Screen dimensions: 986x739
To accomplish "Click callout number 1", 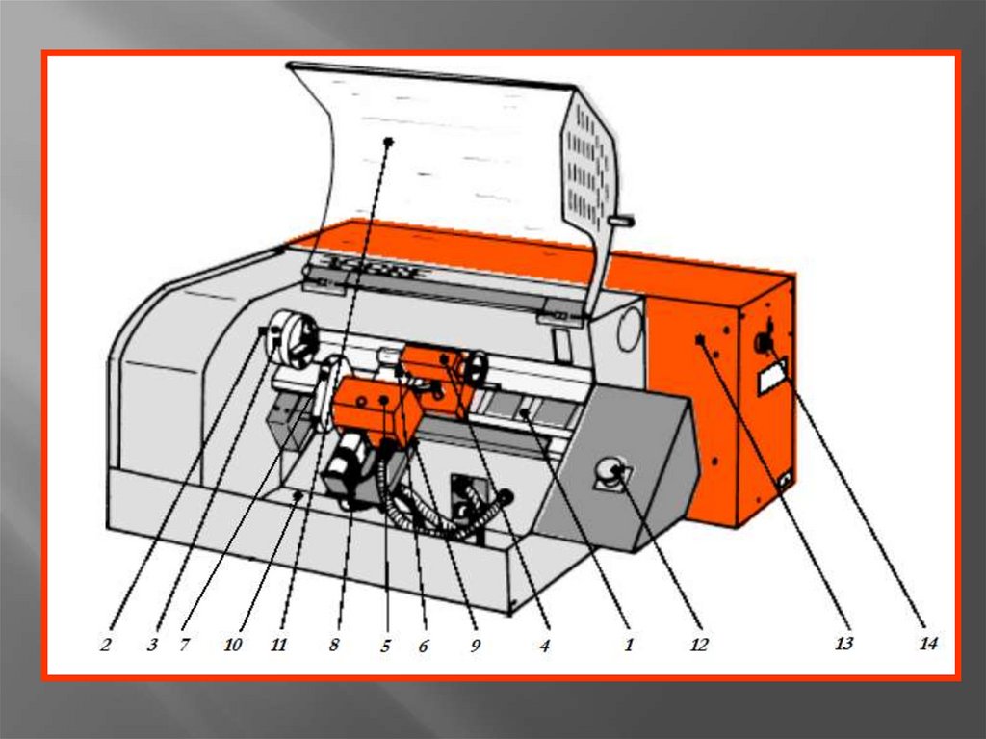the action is tap(628, 645).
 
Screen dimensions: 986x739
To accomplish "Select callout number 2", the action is tap(105, 645).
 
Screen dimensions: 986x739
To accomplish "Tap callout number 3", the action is tap(152, 645).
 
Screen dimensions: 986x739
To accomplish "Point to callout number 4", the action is tap(545, 645).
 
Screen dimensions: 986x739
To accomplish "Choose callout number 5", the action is tap(385, 645).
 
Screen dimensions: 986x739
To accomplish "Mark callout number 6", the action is tap(424, 645).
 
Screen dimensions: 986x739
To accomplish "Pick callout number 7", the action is tap(184, 645).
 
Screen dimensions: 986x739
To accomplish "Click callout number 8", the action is tap(334, 645).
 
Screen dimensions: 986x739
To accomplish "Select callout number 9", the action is tap(476, 645).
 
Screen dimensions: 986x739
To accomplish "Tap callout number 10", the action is tap(233, 645).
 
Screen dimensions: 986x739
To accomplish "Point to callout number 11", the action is tap(278, 645).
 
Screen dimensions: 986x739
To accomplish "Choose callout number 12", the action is tap(699, 645).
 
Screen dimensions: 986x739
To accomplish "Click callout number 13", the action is tap(843, 644).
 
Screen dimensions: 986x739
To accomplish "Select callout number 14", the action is tap(927, 644).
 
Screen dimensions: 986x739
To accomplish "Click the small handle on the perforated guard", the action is tap(621, 221).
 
